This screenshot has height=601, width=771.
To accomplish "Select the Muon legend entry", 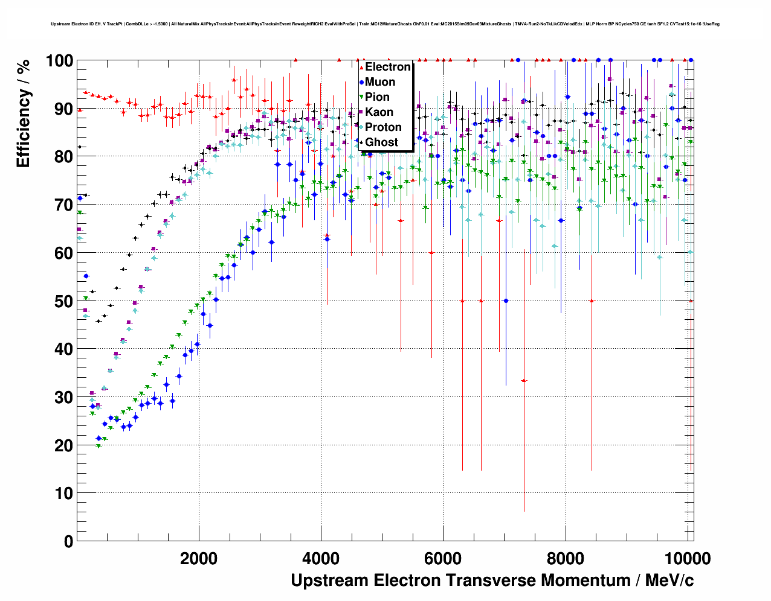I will (x=380, y=82).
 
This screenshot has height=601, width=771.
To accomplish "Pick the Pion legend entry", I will (x=377, y=97).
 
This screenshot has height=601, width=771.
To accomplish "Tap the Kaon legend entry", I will (x=379, y=112).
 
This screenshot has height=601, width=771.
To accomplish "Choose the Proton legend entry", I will (x=383, y=127).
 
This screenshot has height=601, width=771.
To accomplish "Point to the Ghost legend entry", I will (x=381, y=142).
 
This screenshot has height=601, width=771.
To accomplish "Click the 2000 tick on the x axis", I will (x=199, y=558).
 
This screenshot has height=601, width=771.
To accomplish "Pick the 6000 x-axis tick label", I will (x=444, y=558).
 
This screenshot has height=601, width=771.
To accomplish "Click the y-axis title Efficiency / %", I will (x=23, y=114).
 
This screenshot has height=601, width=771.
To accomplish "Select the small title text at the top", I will (x=385, y=24).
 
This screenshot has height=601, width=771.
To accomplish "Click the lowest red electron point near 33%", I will (x=524, y=381).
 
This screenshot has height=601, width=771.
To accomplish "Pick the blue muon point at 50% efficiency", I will (x=506, y=301).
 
